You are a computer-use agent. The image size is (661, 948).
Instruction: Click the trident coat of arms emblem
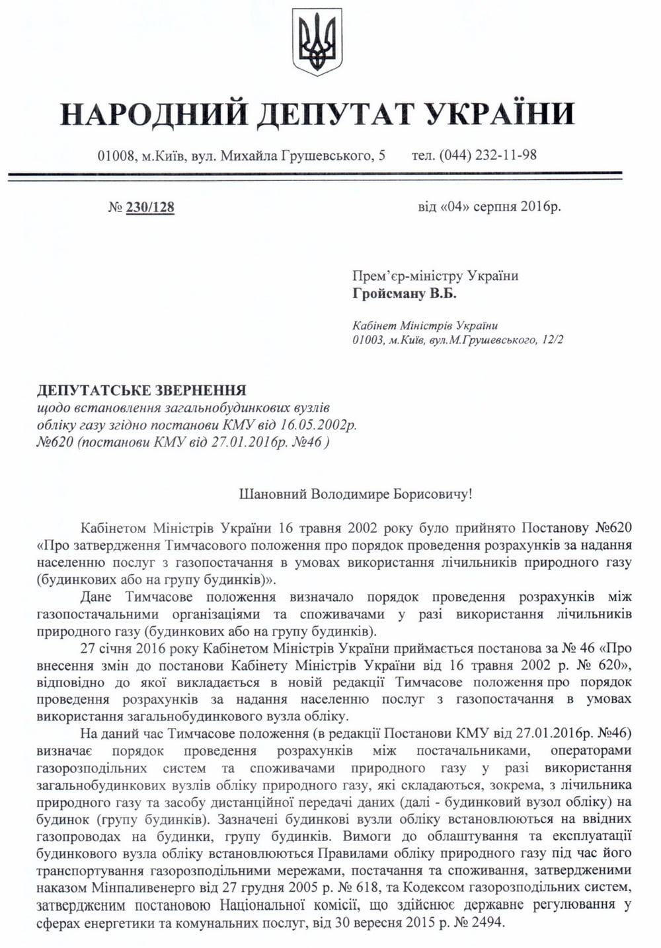pyautogui.click(x=317, y=41)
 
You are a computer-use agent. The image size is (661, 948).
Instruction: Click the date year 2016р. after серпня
pyautogui.click(x=540, y=207)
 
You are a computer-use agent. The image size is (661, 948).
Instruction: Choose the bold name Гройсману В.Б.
pyautogui.click(x=405, y=293)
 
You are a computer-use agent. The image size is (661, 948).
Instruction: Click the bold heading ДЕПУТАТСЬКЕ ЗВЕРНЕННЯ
pyautogui.click(x=141, y=390)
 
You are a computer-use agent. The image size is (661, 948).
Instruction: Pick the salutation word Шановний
pyautogui.click(x=265, y=493)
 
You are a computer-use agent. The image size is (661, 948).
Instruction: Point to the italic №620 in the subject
pyautogui.click(x=55, y=441)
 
